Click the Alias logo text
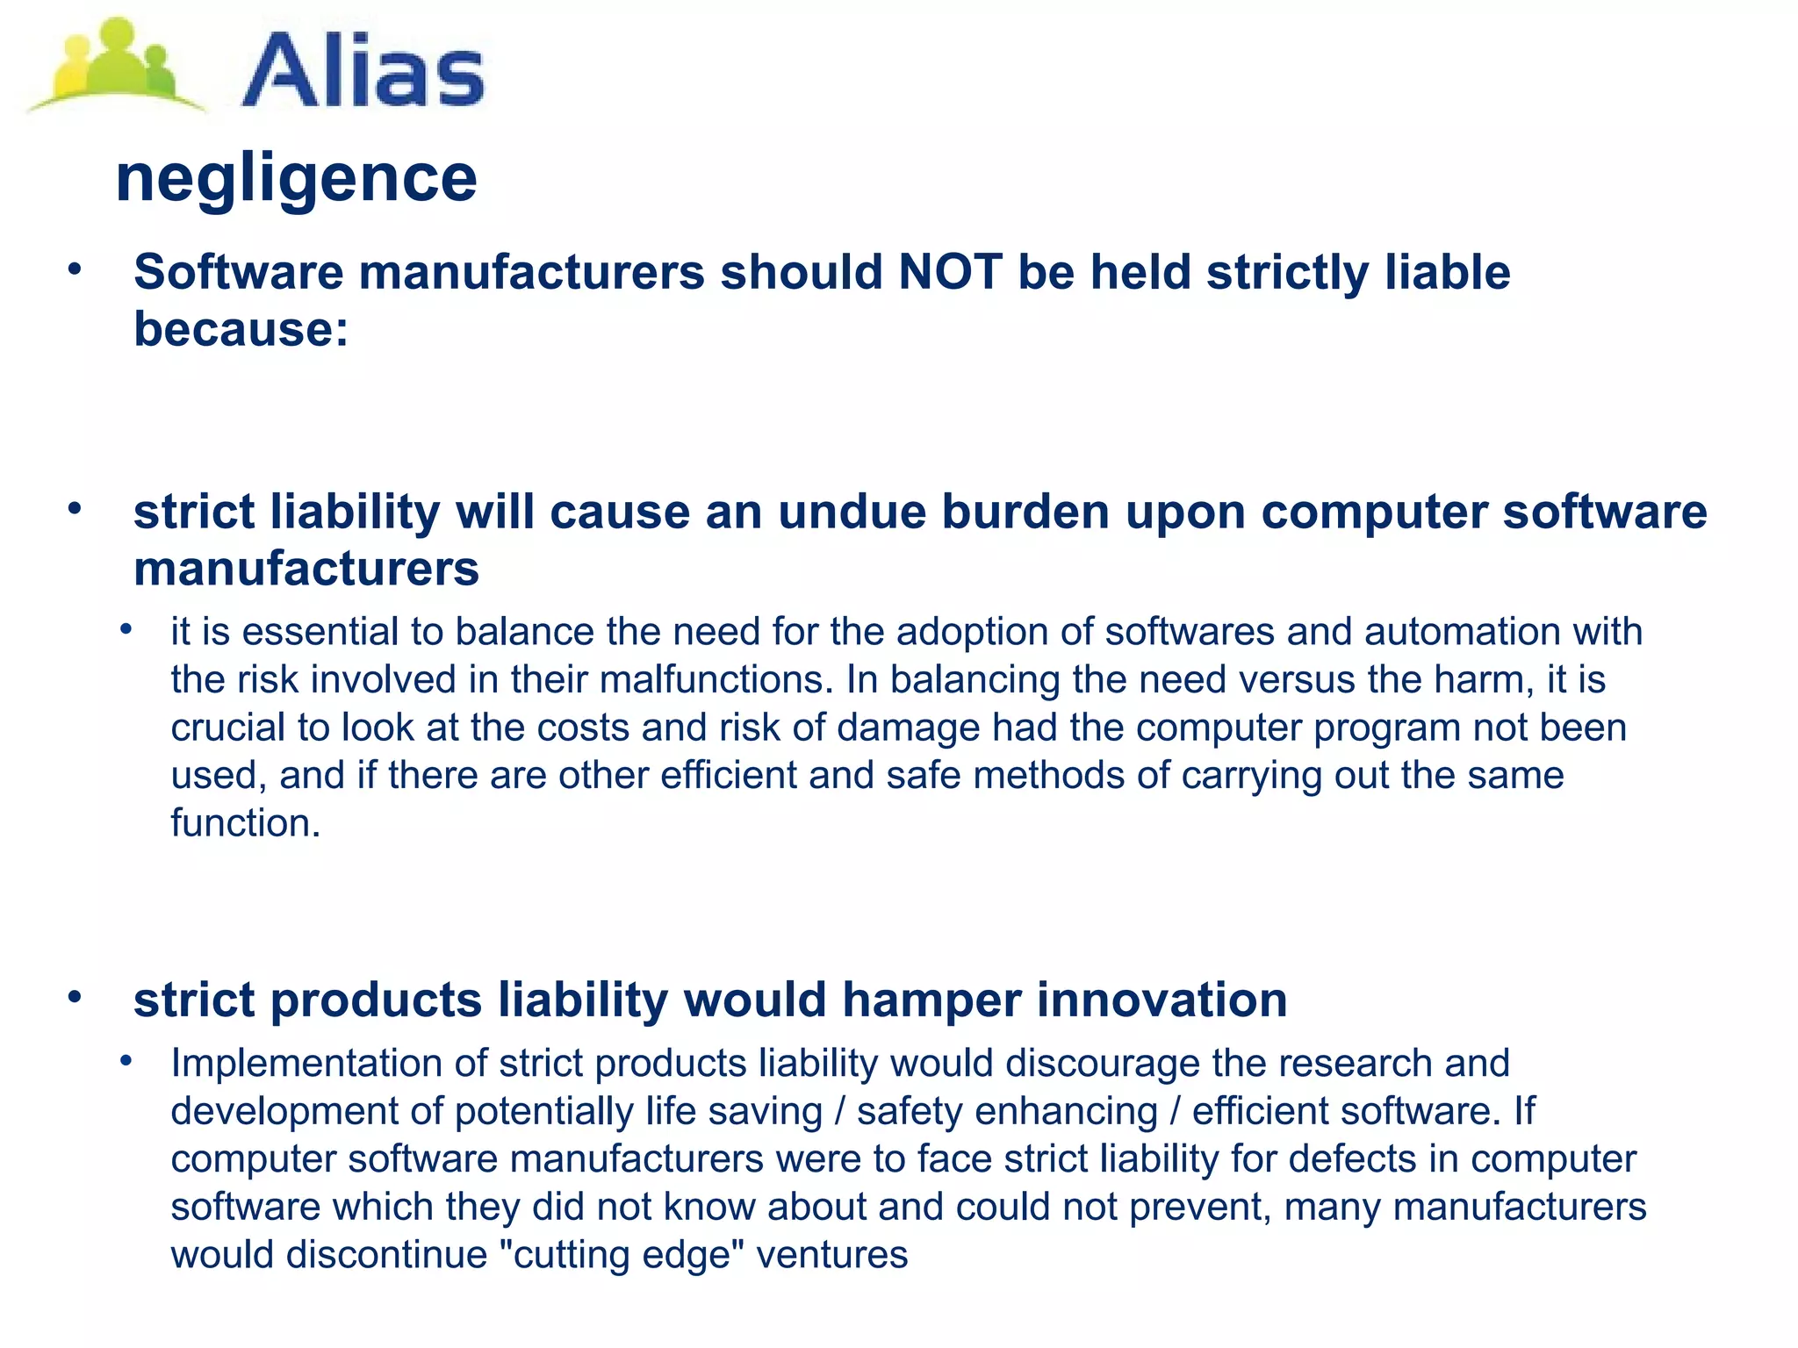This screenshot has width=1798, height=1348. click(362, 70)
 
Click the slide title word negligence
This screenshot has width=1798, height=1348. click(296, 178)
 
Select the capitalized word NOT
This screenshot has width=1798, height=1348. click(950, 272)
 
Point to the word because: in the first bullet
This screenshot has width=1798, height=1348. click(241, 329)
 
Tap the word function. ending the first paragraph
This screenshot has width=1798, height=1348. click(246, 823)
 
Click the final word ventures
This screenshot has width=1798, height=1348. click(831, 1255)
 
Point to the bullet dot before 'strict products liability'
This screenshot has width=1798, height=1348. click(75, 996)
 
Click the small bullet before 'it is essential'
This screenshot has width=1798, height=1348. click(126, 629)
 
